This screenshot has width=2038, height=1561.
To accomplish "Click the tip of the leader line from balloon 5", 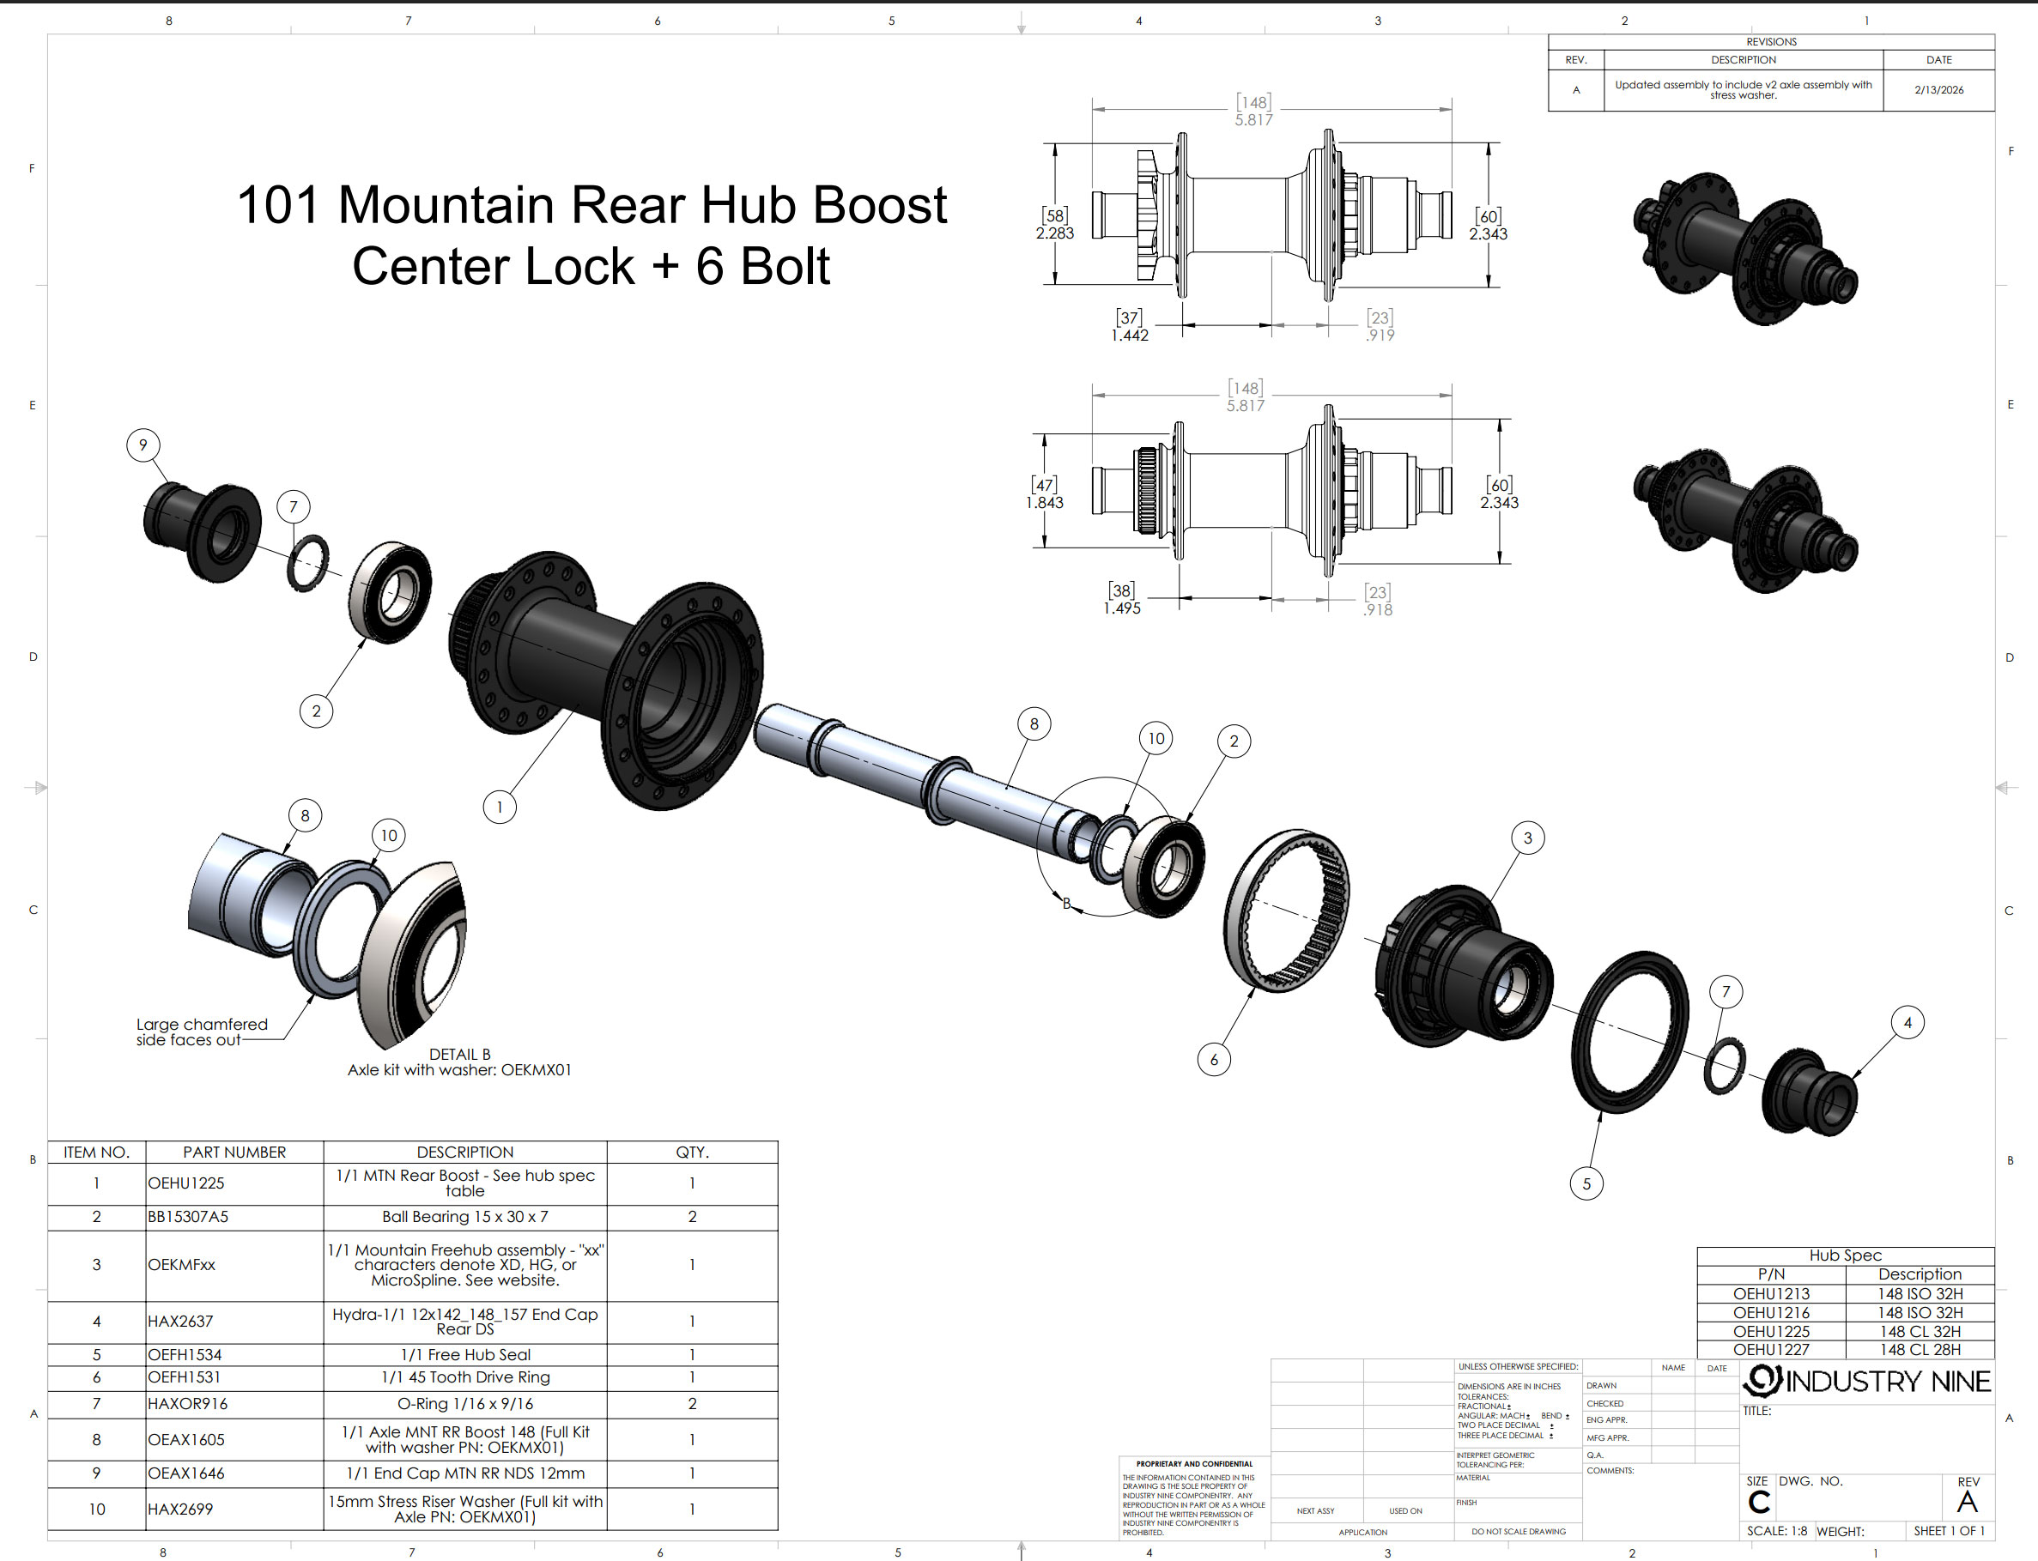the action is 1601,1112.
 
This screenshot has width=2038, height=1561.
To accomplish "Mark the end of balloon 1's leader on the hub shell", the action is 572,710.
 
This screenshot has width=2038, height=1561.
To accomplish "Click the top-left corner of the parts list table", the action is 48,1141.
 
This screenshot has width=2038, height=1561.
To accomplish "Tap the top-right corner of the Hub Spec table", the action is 1994,1247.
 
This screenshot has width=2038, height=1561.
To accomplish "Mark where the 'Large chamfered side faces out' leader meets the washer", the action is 313,995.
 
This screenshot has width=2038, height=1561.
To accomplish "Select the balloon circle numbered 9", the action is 143,445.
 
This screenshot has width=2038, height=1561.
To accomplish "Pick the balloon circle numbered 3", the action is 1528,838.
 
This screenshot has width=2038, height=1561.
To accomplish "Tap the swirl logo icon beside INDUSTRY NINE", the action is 1762,1381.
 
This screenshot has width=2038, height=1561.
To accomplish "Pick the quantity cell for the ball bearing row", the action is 692,1217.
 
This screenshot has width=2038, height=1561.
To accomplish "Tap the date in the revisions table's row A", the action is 1938,90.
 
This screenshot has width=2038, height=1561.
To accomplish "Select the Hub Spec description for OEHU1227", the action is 1920,1349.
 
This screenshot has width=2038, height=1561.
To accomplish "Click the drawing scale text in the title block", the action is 1777,1531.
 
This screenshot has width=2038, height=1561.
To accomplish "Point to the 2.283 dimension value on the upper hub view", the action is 1055,233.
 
